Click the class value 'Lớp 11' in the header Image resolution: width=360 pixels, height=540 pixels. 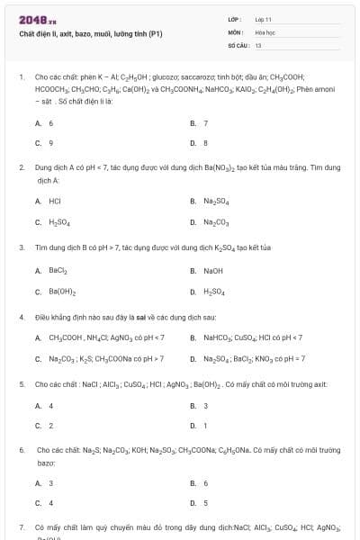point(263,19)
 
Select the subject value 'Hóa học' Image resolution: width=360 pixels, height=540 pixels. point(265,31)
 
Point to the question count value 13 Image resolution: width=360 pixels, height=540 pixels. point(258,44)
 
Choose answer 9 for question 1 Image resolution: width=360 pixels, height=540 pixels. point(50,142)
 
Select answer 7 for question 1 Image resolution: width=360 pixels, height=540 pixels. point(206,122)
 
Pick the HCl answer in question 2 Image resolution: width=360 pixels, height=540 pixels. point(55,201)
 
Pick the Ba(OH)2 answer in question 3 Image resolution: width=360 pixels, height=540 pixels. point(62,291)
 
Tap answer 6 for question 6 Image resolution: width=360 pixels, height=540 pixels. point(205,482)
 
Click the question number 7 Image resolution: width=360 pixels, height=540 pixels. point(22,526)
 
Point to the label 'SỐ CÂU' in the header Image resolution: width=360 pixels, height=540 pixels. point(238,44)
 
